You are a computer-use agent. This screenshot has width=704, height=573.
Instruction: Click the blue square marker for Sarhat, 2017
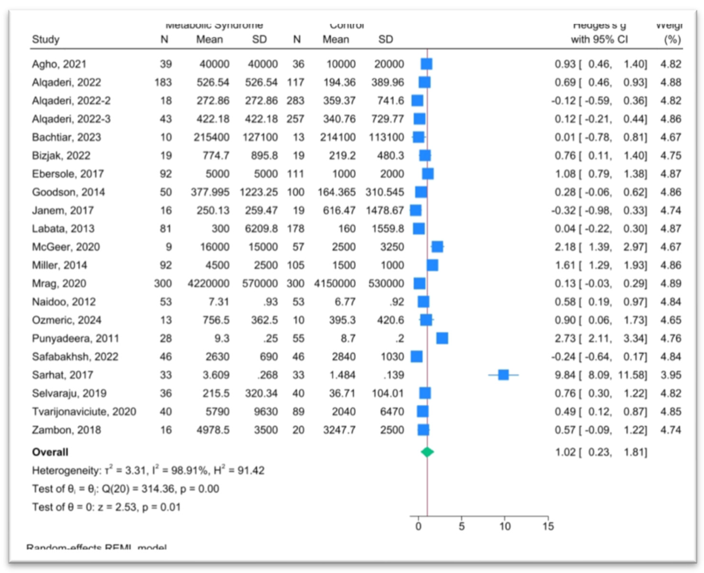point(503,375)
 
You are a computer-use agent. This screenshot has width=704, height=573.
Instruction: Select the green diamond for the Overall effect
point(427,452)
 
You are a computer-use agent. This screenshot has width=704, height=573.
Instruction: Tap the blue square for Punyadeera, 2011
point(442,338)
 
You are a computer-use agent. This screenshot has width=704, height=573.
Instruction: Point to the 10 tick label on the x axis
point(505,526)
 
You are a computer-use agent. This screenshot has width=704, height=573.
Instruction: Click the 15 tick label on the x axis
point(548,526)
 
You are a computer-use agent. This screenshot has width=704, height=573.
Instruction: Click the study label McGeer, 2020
point(66,247)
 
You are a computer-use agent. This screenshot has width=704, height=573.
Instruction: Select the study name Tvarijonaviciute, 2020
point(84,412)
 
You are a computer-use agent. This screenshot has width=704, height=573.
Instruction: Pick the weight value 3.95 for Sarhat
point(670,375)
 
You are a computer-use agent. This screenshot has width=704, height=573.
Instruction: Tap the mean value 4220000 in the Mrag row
point(208,284)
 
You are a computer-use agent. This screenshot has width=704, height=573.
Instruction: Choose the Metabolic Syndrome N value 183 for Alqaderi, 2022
point(163,82)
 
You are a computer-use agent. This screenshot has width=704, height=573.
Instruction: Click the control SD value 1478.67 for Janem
point(385,210)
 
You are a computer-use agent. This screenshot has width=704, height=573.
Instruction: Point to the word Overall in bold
point(50,452)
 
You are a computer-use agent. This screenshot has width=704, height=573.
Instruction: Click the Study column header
point(46,39)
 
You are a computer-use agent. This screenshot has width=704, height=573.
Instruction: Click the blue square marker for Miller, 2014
point(432,265)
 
